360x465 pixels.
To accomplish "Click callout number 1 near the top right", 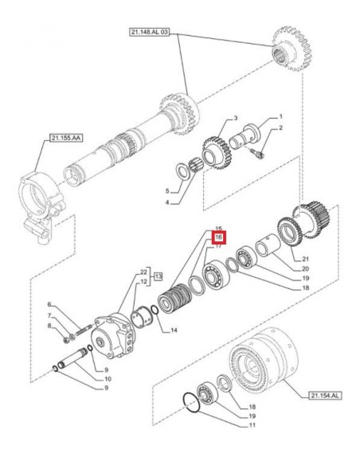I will click(280, 117).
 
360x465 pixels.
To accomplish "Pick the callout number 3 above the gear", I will click(213, 119).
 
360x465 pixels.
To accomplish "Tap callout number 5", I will click(167, 192).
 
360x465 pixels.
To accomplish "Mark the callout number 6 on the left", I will click(49, 305).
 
